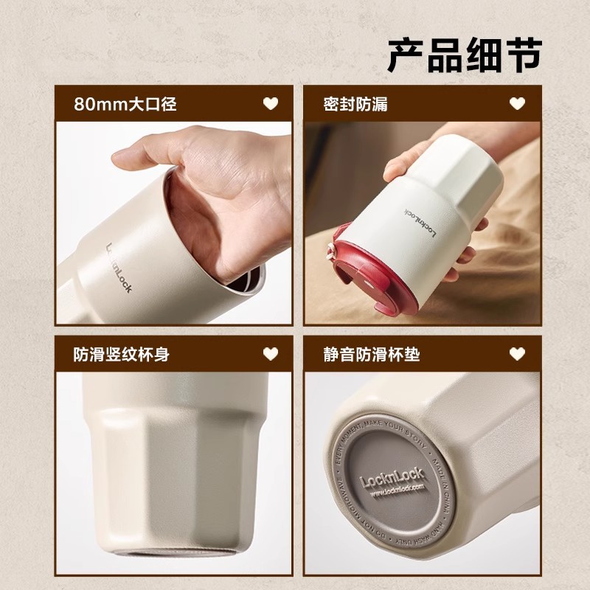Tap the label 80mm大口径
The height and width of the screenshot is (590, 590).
pyautogui.click(x=125, y=104)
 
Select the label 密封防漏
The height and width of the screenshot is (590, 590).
pyautogui.click(x=355, y=104)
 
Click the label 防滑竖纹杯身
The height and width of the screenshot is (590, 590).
pyautogui.click(x=122, y=354)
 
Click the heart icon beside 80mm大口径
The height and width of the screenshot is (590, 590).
pyautogui.click(x=271, y=104)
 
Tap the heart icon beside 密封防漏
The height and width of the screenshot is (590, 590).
pyautogui.click(x=518, y=104)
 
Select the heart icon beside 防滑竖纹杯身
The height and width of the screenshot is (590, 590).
pyautogui.click(x=271, y=354)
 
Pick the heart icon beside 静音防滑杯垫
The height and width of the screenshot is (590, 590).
pyautogui.click(x=518, y=355)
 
